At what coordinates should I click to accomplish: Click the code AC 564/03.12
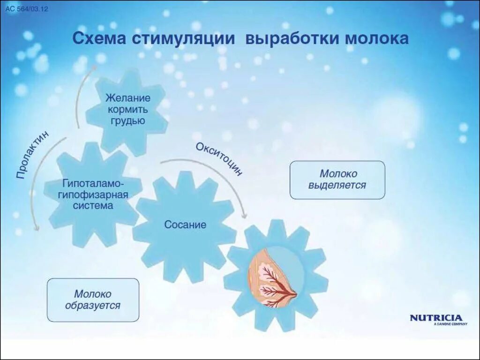pyautogui.click(x=27, y=9)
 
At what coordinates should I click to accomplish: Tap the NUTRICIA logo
pyautogui.click(x=436, y=318)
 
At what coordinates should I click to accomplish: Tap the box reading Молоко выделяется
pyautogui.click(x=337, y=180)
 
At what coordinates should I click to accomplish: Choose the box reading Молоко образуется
pyautogui.click(x=93, y=300)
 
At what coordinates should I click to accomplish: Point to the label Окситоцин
pyautogui.click(x=219, y=158)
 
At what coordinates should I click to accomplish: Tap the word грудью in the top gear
pyautogui.click(x=128, y=120)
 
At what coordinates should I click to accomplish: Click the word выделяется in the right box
pyautogui.click(x=337, y=185)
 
